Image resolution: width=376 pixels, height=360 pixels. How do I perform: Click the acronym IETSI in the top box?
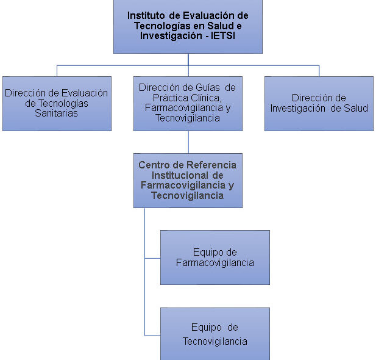pyautogui.click(x=223, y=36)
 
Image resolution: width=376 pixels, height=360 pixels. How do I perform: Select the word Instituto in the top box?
pyautogui.click(x=146, y=16)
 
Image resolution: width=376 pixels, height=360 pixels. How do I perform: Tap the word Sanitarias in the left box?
pyautogui.click(x=56, y=113)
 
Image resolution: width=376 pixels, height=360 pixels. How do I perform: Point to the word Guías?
pyautogui.click(x=208, y=87)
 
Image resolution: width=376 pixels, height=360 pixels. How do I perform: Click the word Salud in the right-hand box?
pyautogui.click(x=356, y=108)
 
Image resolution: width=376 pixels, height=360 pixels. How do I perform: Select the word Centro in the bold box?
pyautogui.click(x=154, y=165)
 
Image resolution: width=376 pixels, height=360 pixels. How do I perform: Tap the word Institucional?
pyautogui.click(x=180, y=175)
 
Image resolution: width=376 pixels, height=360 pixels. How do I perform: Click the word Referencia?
pyautogui.click(x=211, y=165)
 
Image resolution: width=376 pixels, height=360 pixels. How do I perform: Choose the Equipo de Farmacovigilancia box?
pyautogui.click(x=215, y=257)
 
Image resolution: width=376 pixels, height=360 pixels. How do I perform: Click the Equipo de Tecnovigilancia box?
pyautogui.click(x=215, y=334)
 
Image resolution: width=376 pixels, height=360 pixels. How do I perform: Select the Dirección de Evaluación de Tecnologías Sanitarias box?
pyautogui.click(x=57, y=104)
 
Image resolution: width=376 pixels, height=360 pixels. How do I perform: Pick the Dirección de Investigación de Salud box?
pyautogui.click(x=319, y=104)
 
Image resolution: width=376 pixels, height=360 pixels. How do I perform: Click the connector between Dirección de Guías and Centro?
pyautogui.click(x=188, y=142)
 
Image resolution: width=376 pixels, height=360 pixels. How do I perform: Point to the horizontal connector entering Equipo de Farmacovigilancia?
pyautogui.click(x=153, y=259)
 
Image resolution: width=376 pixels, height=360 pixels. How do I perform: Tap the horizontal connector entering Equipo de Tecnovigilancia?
pyautogui.click(x=153, y=335)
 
